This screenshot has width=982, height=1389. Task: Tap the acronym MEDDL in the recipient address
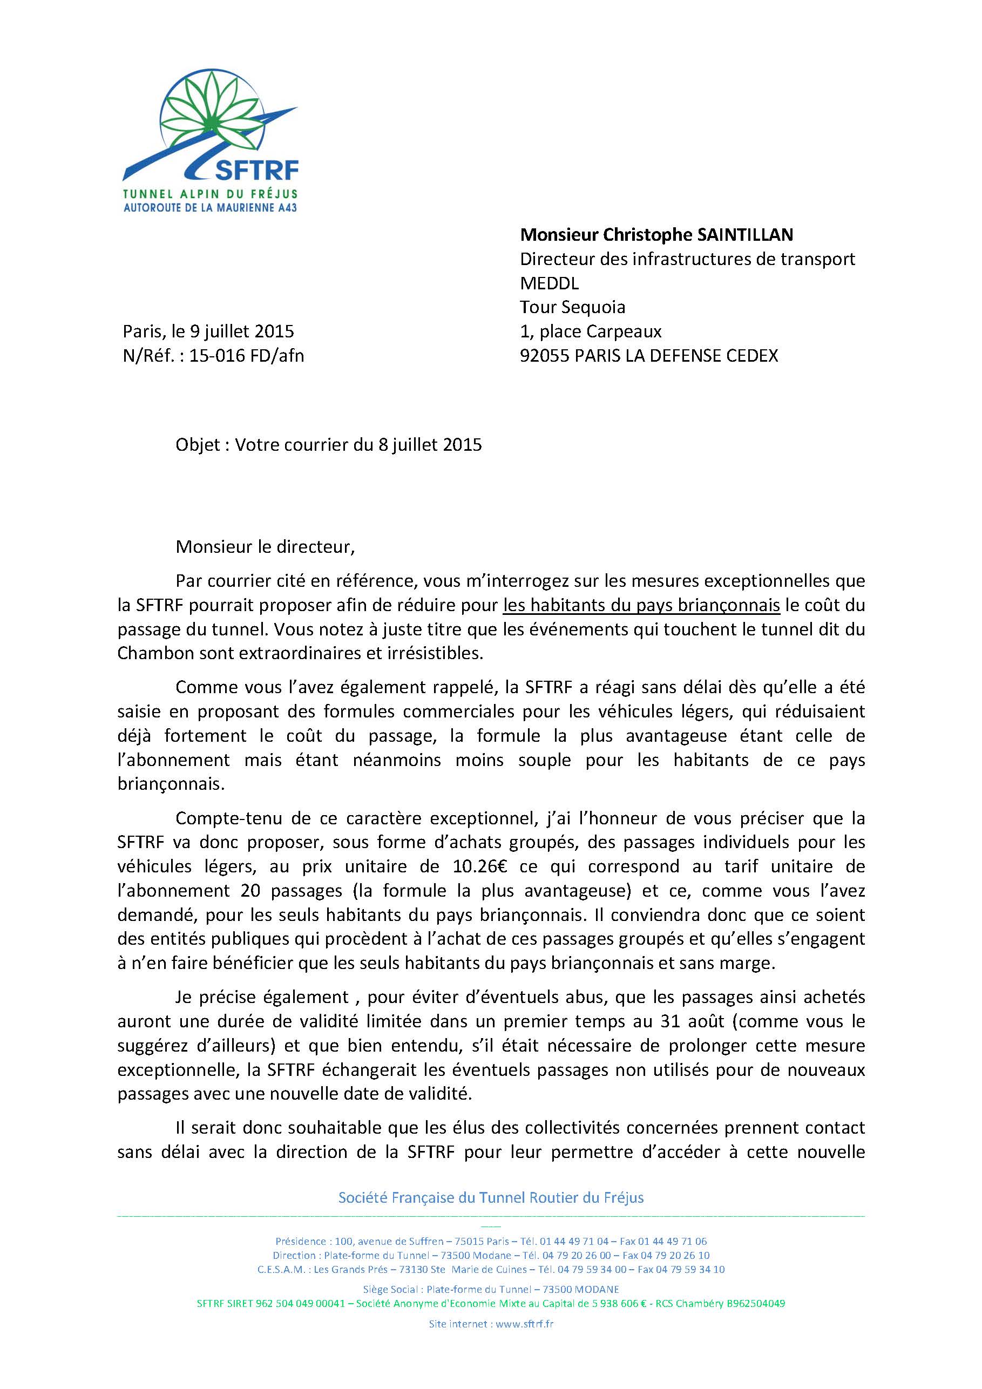point(550,283)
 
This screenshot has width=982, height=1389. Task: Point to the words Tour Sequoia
point(572,307)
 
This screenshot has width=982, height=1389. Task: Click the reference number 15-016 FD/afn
point(247,356)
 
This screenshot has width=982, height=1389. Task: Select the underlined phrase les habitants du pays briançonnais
point(641,605)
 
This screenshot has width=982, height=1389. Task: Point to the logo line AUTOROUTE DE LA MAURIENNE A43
point(210,207)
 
